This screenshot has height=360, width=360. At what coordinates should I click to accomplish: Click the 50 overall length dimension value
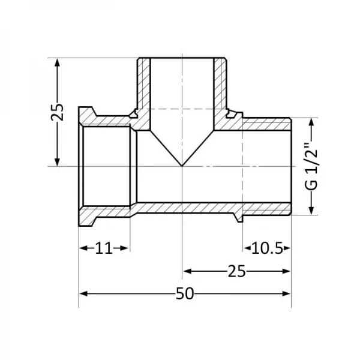pos(185,293)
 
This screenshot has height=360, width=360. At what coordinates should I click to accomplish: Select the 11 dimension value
pos(104,248)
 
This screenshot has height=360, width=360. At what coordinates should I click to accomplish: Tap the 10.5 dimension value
pos(267,248)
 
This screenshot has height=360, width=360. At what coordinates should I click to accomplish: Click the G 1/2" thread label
pos(311,167)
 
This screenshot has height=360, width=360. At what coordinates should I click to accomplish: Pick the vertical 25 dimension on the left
pos(57,112)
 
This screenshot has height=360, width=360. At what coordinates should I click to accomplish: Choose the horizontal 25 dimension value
pos(237,271)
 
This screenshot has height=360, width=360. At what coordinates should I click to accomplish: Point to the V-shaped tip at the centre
pos(182,166)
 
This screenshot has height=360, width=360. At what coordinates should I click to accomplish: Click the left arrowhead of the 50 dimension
pos(83,293)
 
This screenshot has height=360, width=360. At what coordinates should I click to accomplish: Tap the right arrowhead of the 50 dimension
pos(286,293)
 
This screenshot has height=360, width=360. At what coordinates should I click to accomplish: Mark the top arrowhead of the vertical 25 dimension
pos(57,62)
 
